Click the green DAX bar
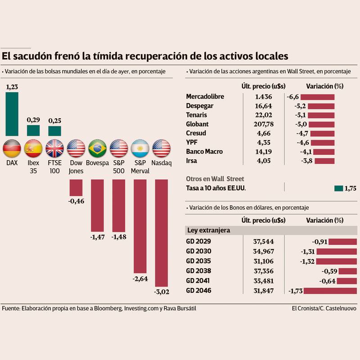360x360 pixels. [x=12, y=114]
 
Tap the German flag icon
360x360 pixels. [x=12, y=148]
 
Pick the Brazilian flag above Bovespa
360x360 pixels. [x=97, y=148]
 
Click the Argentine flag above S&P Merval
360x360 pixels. [x=140, y=148]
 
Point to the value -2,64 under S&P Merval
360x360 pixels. [x=140, y=279]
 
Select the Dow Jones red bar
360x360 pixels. [x=76, y=187]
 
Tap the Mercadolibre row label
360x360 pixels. [x=205, y=97]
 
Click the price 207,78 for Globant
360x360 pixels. [x=264, y=124]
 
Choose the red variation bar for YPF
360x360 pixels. [x=322, y=143]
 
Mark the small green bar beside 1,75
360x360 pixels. [x=338, y=188]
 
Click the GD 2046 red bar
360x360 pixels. [x=330, y=291]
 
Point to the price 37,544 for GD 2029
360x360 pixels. [x=264, y=241]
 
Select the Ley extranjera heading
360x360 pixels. [x=208, y=230]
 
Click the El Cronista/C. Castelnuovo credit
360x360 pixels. [x=324, y=309]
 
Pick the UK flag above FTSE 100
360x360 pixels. [x=54, y=148]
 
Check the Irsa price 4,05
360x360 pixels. [x=264, y=161]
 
